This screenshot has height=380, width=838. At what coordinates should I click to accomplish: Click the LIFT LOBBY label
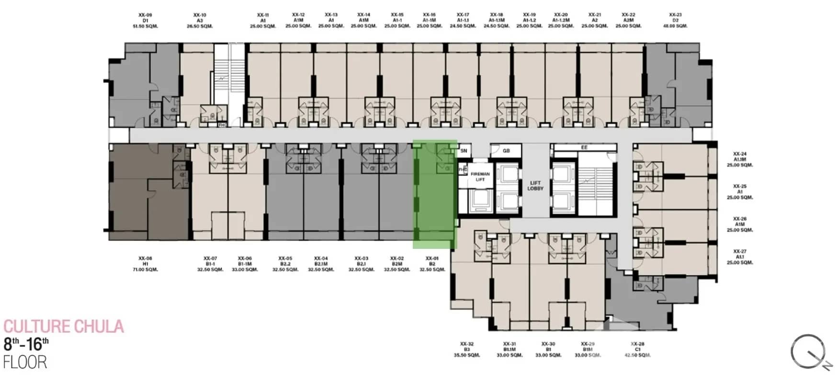point(535,186)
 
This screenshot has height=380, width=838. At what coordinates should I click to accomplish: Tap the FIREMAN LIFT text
point(480,177)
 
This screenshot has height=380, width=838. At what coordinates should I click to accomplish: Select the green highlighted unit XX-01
point(434,194)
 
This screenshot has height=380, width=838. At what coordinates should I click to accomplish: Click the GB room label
point(506,151)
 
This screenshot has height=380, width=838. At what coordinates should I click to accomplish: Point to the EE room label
point(584,148)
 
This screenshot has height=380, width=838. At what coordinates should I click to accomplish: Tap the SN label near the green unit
point(464,151)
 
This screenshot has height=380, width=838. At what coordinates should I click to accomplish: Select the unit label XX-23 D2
point(675,21)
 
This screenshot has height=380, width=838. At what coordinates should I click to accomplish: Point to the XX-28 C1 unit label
point(637,349)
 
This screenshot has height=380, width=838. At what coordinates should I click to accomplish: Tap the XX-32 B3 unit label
point(467,349)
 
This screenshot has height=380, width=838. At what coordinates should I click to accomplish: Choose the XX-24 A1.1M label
point(740,159)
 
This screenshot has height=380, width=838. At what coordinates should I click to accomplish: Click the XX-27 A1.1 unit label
point(740,257)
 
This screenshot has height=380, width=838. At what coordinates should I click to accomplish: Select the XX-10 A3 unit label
point(200,21)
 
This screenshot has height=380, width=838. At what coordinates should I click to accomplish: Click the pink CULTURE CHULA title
point(64,327)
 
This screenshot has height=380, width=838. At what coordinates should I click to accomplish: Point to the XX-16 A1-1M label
point(430,21)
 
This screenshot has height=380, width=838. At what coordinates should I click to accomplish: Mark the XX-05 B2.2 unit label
point(285,264)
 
